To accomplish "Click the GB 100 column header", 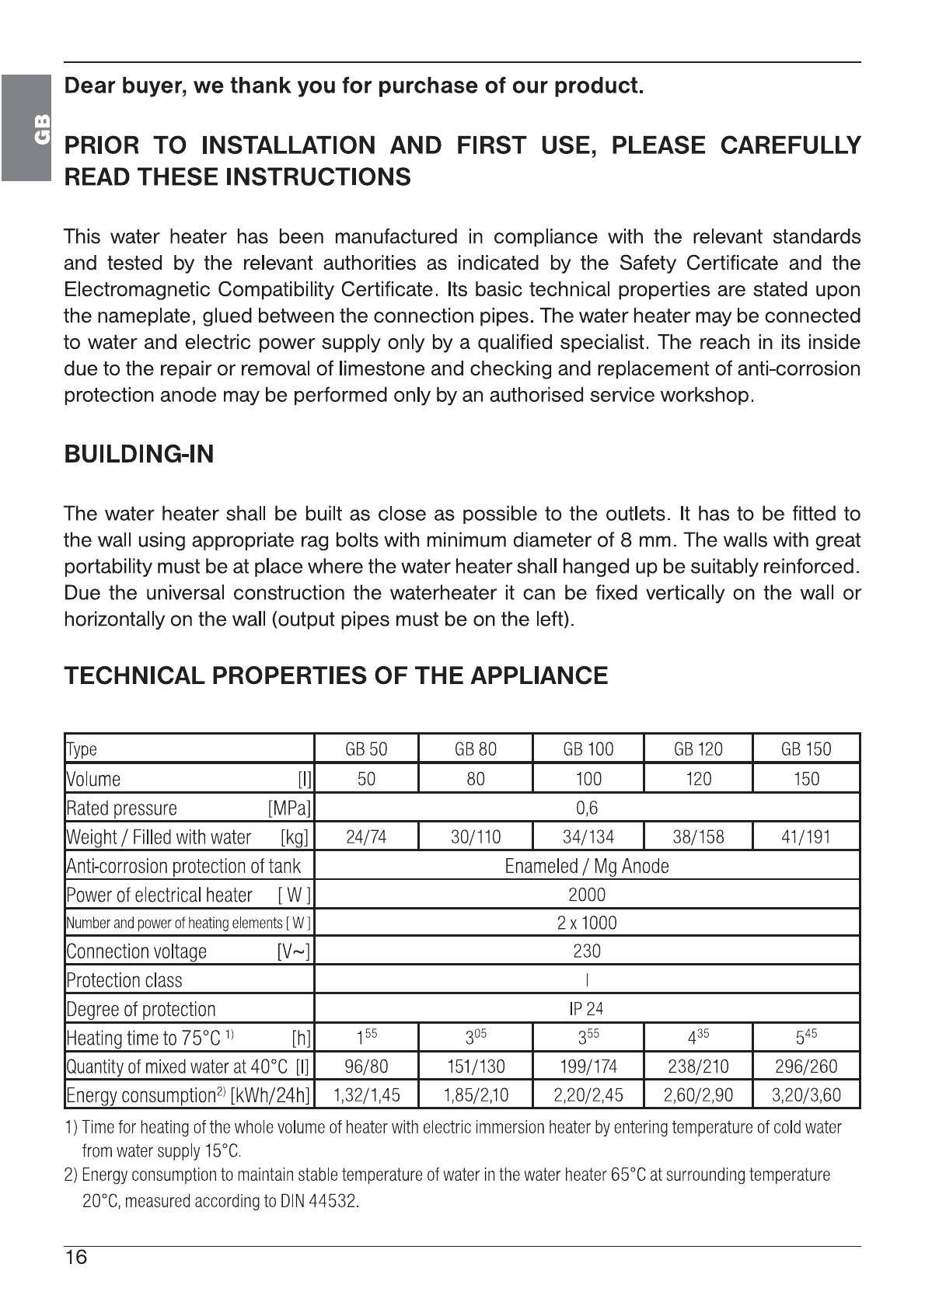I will [588, 749].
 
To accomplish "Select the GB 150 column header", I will [806, 749].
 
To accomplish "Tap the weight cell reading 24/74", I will [366, 837].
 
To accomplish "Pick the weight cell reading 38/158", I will [698, 837].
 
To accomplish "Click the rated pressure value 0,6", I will [587, 808].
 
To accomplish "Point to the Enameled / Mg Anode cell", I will [587, 866].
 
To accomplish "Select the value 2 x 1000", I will [587, 923].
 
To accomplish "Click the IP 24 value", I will [586, 1009].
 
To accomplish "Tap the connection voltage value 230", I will [587, 951].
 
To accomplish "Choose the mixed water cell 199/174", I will [588, 1066].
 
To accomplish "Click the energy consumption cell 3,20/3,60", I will [806, 1095].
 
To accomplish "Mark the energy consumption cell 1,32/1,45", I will [366, 1095].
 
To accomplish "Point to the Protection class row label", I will [124, 981].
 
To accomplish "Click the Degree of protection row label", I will [141, 1010].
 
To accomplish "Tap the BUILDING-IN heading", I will [138, 455].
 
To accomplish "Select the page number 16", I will [76, 1258].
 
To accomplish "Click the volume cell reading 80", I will [476, 779].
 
